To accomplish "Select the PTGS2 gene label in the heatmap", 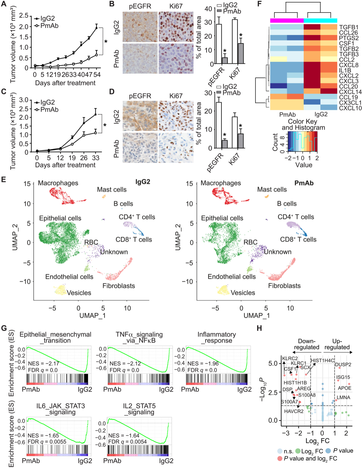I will [x=349, y=38].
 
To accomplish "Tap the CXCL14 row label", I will [x=350, y=92].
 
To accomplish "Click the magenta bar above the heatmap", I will [x=287, y=21].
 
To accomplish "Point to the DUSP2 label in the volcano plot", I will [x=343, y=365].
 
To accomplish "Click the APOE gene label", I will [x=344, y=388].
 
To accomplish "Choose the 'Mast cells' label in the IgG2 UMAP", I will [x=112, y=190].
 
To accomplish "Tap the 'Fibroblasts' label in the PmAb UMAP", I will [x=284, y=286].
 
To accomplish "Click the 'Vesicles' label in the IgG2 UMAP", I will [x=79, y=293].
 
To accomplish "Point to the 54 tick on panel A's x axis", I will [x=97, y=75].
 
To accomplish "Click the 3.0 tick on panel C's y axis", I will [x=24, y=100].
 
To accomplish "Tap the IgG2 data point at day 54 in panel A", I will [x=97, y=28].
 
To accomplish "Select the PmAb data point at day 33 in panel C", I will [x=96, y=132].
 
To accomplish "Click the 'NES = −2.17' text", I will [x=43, y=363].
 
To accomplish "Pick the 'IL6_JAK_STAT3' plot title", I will [x=60, y=406].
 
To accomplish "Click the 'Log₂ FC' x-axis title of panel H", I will [x=317, y=441].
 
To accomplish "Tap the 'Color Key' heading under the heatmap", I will [x=302, y=121].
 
